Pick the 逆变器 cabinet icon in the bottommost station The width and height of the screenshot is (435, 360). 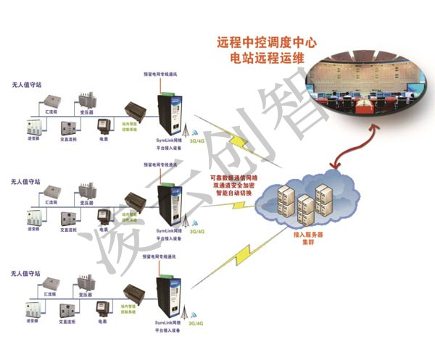(x=33, y=312)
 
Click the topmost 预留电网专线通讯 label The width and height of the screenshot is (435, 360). (x=165, y=75)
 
